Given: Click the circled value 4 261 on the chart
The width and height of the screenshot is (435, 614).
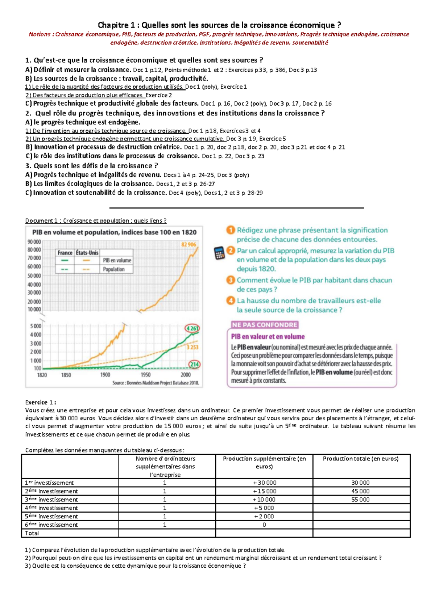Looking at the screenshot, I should tap(192, 328).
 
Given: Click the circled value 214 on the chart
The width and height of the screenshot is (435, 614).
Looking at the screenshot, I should tap(194, 364).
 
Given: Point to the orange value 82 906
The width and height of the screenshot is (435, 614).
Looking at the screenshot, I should tap(188, 244).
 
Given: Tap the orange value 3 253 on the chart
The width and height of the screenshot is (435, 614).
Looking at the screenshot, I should tap(192, 347).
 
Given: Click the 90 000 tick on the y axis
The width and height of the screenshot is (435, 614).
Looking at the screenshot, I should tap(34, 241).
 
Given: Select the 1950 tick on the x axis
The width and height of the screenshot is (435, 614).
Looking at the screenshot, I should tap(145, 375).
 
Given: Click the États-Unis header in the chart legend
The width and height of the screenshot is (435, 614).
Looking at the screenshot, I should tap(87, 253).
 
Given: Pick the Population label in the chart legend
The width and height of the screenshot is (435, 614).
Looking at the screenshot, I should tap(113, 269).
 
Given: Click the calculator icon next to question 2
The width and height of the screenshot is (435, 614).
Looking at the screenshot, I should tap(219, 253).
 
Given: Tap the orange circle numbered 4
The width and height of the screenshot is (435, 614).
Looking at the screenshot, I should tap(231, 300).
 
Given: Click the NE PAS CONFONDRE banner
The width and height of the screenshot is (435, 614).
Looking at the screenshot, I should tap(265, 325).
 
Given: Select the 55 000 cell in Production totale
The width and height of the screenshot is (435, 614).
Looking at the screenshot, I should tap(360, 500).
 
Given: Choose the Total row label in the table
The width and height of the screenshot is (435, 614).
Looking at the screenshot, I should tap(32, 533).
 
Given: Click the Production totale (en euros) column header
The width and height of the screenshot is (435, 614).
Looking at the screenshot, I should tap(360, 458).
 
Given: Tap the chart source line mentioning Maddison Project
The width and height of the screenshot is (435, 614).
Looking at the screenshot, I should tap(156, 383).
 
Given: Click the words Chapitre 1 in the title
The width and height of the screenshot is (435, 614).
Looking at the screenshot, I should tap(116, 25).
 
